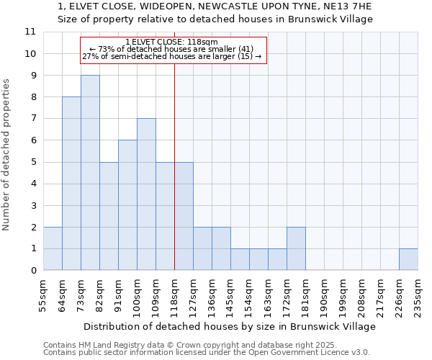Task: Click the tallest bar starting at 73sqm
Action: tap(90, 173)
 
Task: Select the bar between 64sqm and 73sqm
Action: tap(71, 184)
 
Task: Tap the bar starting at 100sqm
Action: tap(146, 194)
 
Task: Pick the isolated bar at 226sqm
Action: tap(408, 259)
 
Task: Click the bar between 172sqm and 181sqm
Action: tap(296, 248)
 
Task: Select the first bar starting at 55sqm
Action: tap(53, 248)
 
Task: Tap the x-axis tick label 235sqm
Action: tap(418, 295)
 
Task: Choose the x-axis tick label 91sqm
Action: tap(118, 295)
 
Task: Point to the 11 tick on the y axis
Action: tap(30, 32)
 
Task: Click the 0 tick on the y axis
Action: tap(32, 271)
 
